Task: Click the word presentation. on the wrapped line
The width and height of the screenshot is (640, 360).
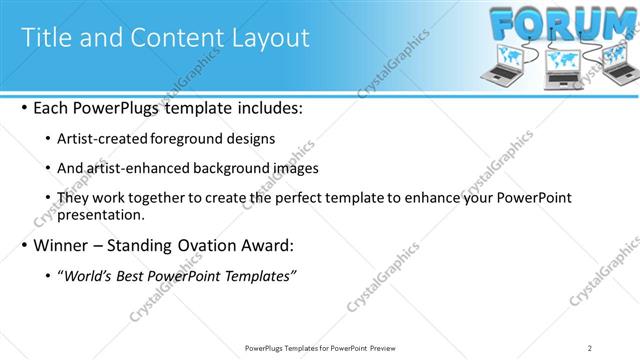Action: click(x=103, y=214)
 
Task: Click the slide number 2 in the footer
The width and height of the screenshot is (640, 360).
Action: click(x=590, y=348)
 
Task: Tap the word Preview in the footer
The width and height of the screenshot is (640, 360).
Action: click(x=379, y=348)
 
